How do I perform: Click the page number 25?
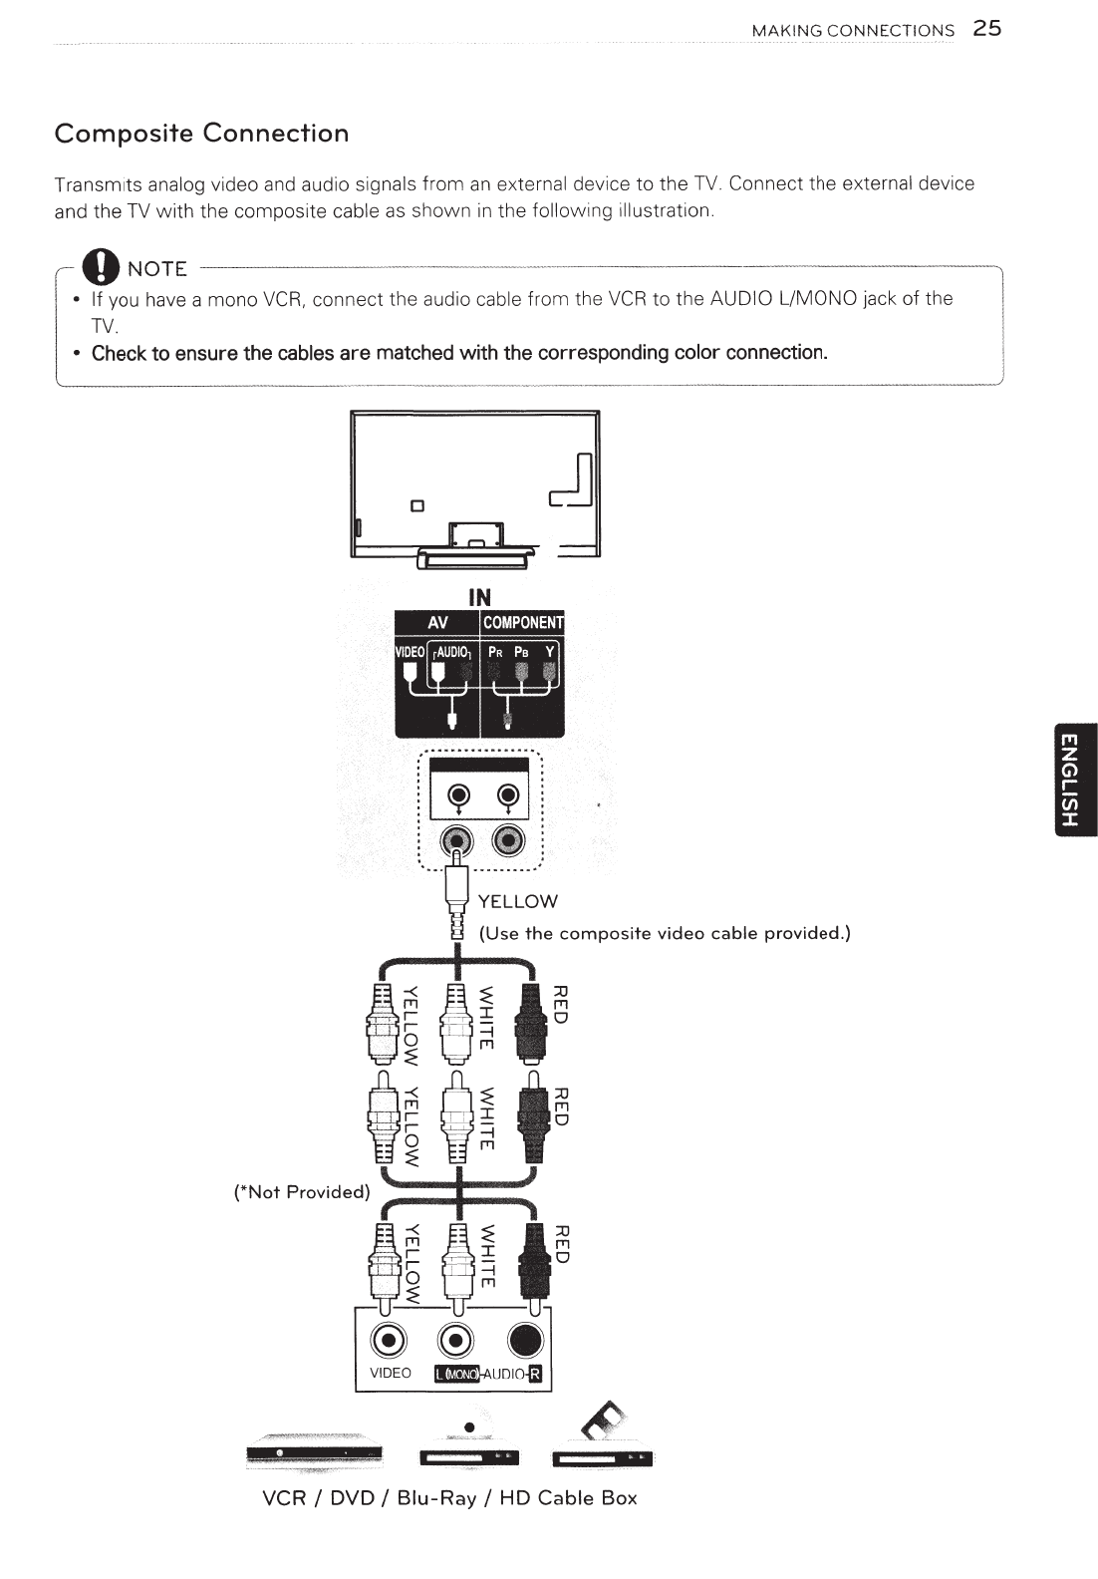pyautogui.click(x=987, y=28)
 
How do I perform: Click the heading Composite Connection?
pyautogui.click(x=202, y=134)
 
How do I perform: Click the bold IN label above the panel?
pyautogui.click(x=479, y=597)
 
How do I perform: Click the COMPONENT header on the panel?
pyautogui.click(x=522, y=623)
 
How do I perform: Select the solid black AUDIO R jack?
pyautogui.click(x=526, y=1339)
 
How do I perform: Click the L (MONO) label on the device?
pyautogui.click(x=457, y=1376)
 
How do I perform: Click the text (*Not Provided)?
pyautogui.click(x=301, y=1191)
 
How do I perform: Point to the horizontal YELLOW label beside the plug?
pyautogui.click(x=518, y=901)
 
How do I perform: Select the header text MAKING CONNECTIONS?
pyautogui.click(x=853, y=30)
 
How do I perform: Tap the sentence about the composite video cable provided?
pyautogui.click(x=666, y=934)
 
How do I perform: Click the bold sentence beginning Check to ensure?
pyautogui.click(x=459, y=353)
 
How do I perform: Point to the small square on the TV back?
pyautogui.click(x=418, y=503)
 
